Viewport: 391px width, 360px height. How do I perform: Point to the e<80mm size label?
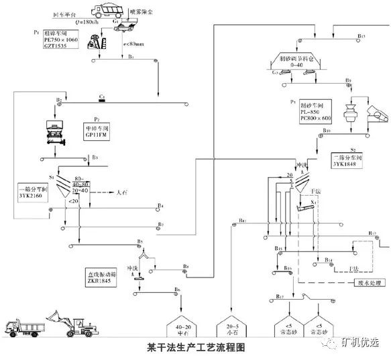pyautogui.click(x=132, y=45)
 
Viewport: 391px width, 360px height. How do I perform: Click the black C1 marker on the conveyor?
pyautogui.click(x=102, y=97)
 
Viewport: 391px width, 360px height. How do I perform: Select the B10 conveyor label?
pyautogui.click(x=327, y=130)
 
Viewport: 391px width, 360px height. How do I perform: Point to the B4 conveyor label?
pyautogui.click(x=160, y=205)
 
